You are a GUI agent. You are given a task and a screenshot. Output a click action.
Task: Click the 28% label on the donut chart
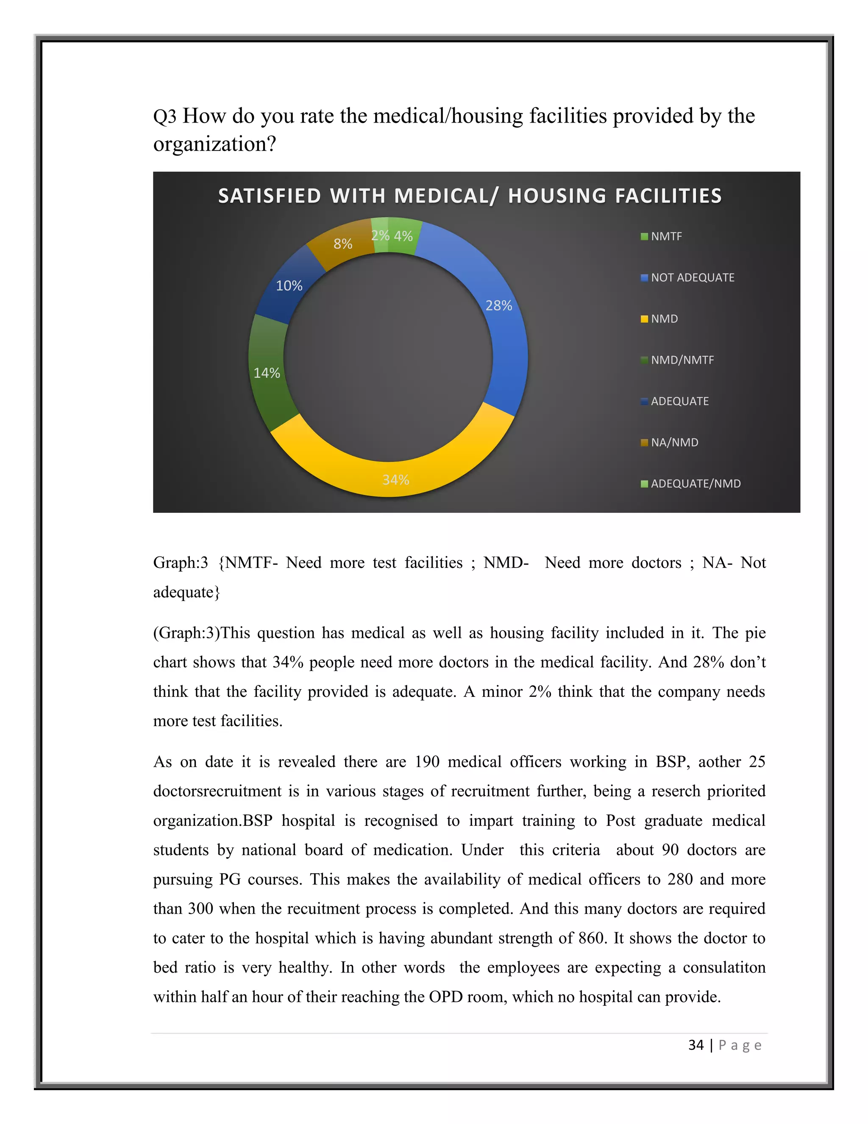(x=498, y=306)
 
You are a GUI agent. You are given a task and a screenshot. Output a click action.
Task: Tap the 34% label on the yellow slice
(x=395, y=480)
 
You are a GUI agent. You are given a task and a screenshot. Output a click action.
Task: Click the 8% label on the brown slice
(x=342, y=244)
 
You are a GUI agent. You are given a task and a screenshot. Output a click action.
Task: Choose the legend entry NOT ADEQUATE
(x=692, y=277)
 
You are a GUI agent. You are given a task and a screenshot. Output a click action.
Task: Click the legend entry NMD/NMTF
(x=682, y=360)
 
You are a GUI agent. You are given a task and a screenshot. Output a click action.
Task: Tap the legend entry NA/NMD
(x=674, y=442)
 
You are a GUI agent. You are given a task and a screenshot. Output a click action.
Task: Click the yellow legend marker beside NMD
(x=644, y=319)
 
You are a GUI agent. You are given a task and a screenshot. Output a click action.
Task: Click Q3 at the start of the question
(x=164, y=116)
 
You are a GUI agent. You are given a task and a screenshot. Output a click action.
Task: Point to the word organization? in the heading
(x=214, y=144)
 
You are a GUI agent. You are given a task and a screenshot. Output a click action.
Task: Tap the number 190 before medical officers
(x=427, y=762)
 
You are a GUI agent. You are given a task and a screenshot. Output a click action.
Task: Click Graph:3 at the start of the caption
(x=180, y=562)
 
